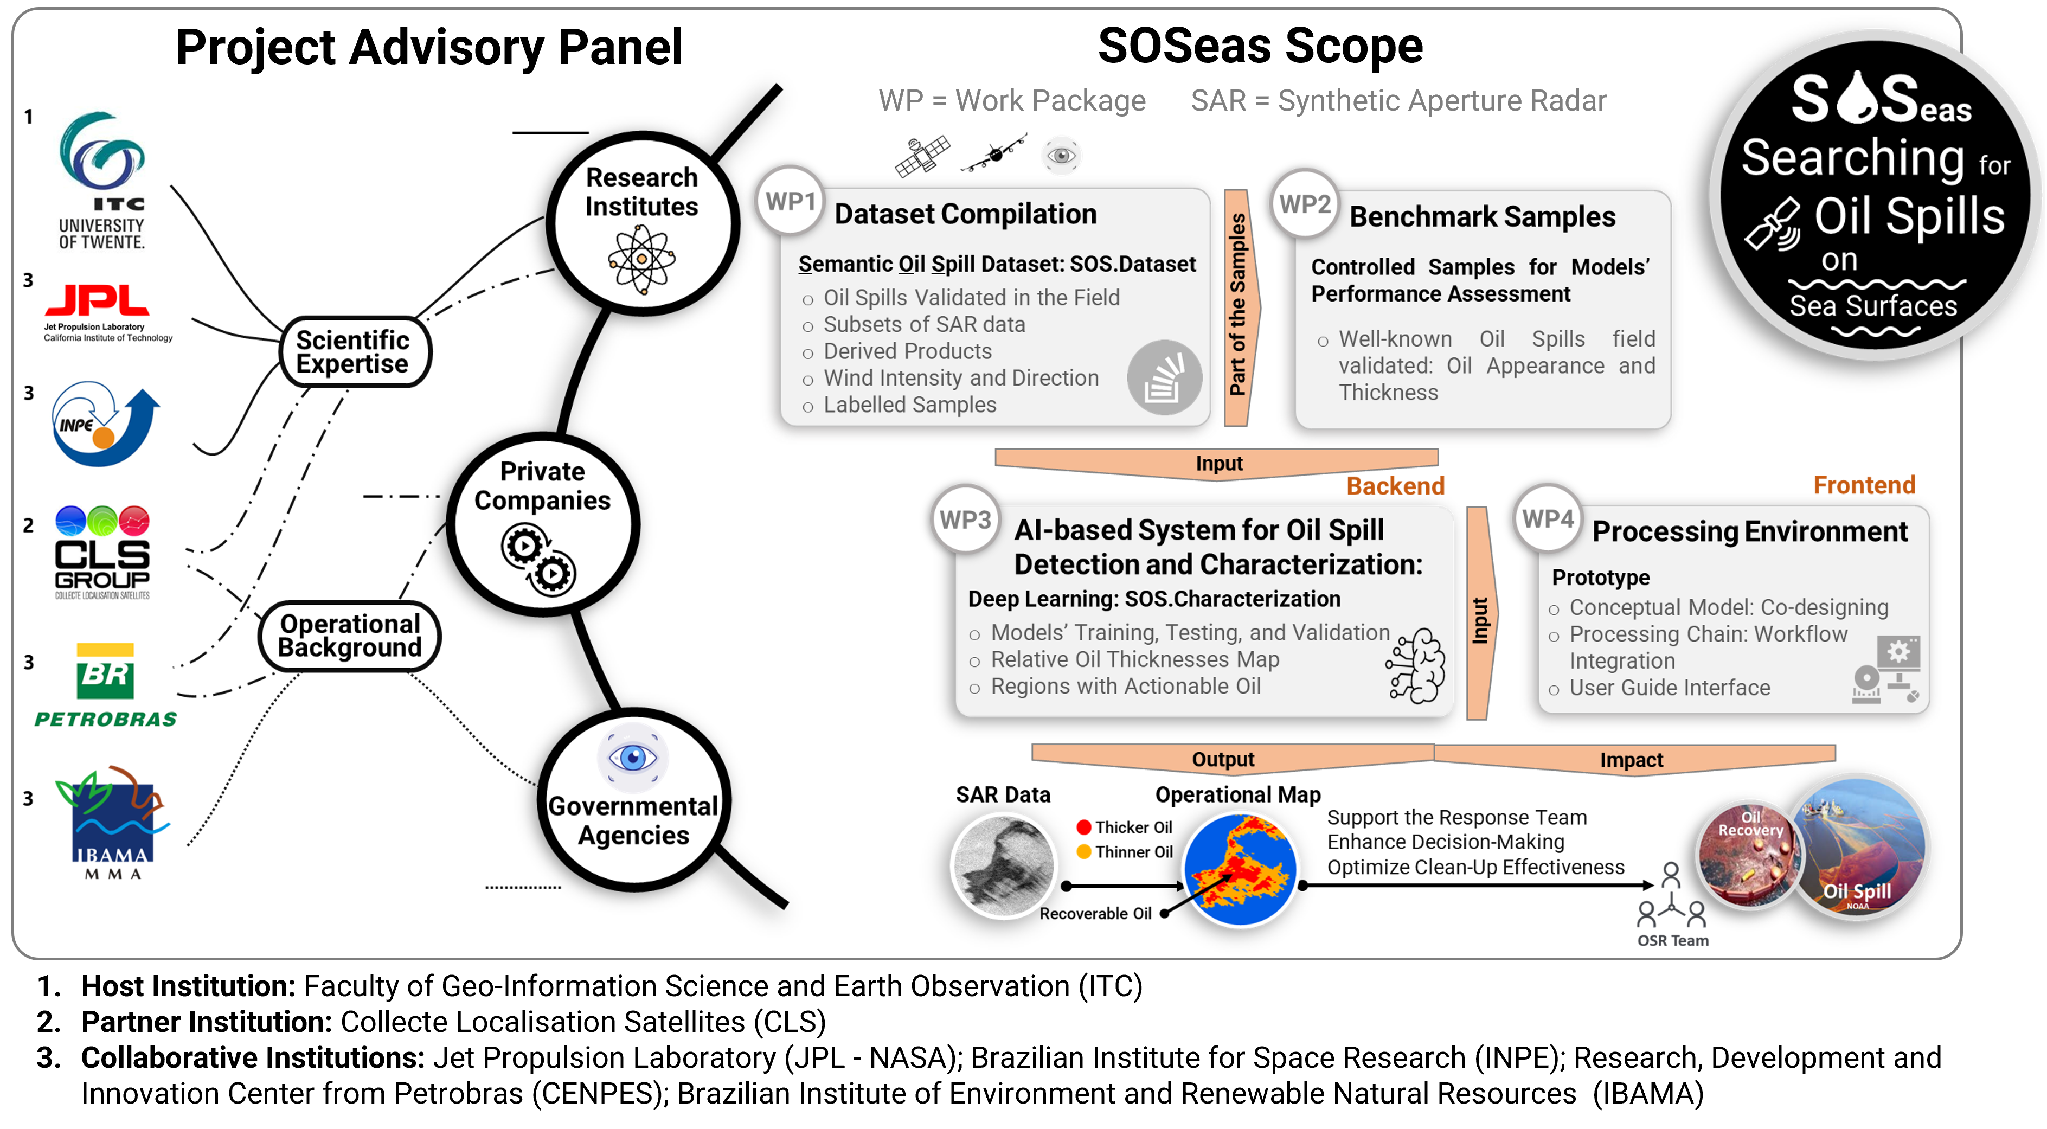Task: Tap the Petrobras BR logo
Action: [x=105, y=671]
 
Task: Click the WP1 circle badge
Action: [x=790, y=201]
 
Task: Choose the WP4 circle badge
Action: [x=1547, y=519]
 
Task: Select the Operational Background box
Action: [x=350, y=636]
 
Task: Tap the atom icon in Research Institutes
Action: [x=641, y=258]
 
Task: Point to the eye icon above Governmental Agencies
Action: [x=632, y=757]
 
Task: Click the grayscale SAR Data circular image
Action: [x=1004, y=865]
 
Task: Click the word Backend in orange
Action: [x=1395, y=485]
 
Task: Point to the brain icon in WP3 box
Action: [x=1417, y=666]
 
